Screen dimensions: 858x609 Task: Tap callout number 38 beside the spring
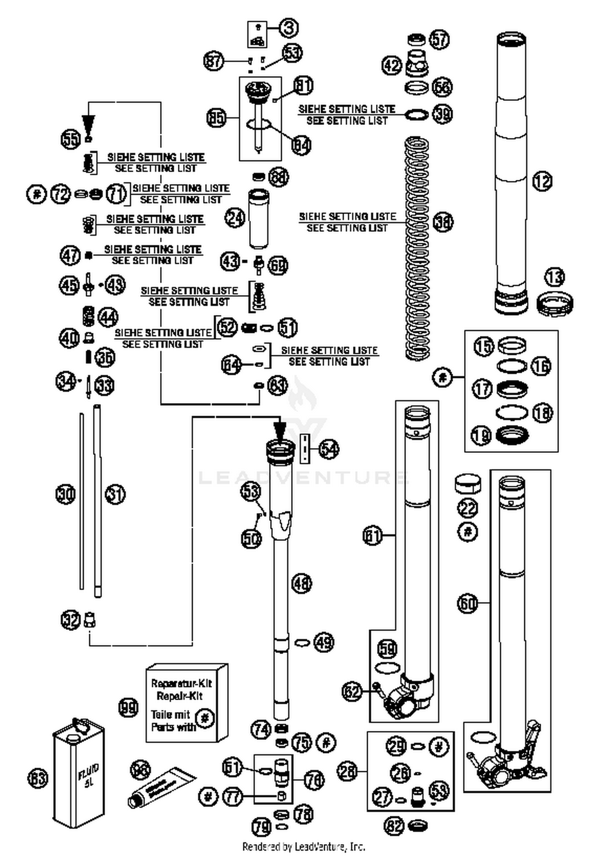[443, 222]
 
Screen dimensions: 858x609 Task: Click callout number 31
[116, 494]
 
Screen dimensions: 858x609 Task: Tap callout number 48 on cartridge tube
[302, 584]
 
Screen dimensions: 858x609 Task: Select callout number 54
[329, 449]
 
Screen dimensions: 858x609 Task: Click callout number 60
[468, 604]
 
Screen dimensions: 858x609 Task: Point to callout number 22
[468, 508]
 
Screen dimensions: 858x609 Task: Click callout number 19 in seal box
[482, 436]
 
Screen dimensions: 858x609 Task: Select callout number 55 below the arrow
[71, 140]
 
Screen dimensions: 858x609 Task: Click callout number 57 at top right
[440, 39]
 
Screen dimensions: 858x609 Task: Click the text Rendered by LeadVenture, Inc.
[304, 847]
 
